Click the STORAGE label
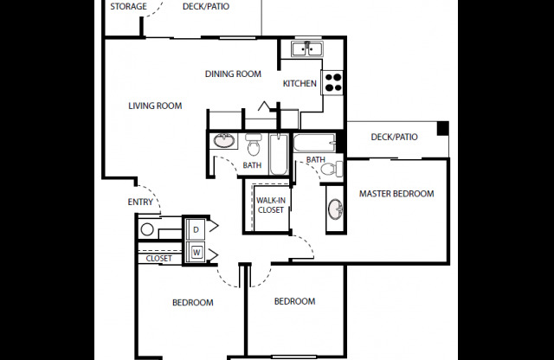pos(128,7)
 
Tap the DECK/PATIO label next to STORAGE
pos(206,7)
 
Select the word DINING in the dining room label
pos(221,74)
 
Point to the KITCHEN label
pos(300,84)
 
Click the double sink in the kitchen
pos(306,48)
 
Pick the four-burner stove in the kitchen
pos(333,83)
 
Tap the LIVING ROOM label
pos(155,106)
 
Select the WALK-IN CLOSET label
pos(270,205)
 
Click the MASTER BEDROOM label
pos(396,194)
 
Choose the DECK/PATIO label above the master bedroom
pos(394,137)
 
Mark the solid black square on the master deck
pos(443,129)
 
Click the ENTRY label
pos(139,202)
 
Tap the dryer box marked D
pos(196,229)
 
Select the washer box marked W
pos(196,252)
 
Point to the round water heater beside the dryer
pos(147,229)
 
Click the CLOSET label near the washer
pos(158,258)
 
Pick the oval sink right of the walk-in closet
pos(334,209)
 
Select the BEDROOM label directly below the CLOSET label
pos(192,302)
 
